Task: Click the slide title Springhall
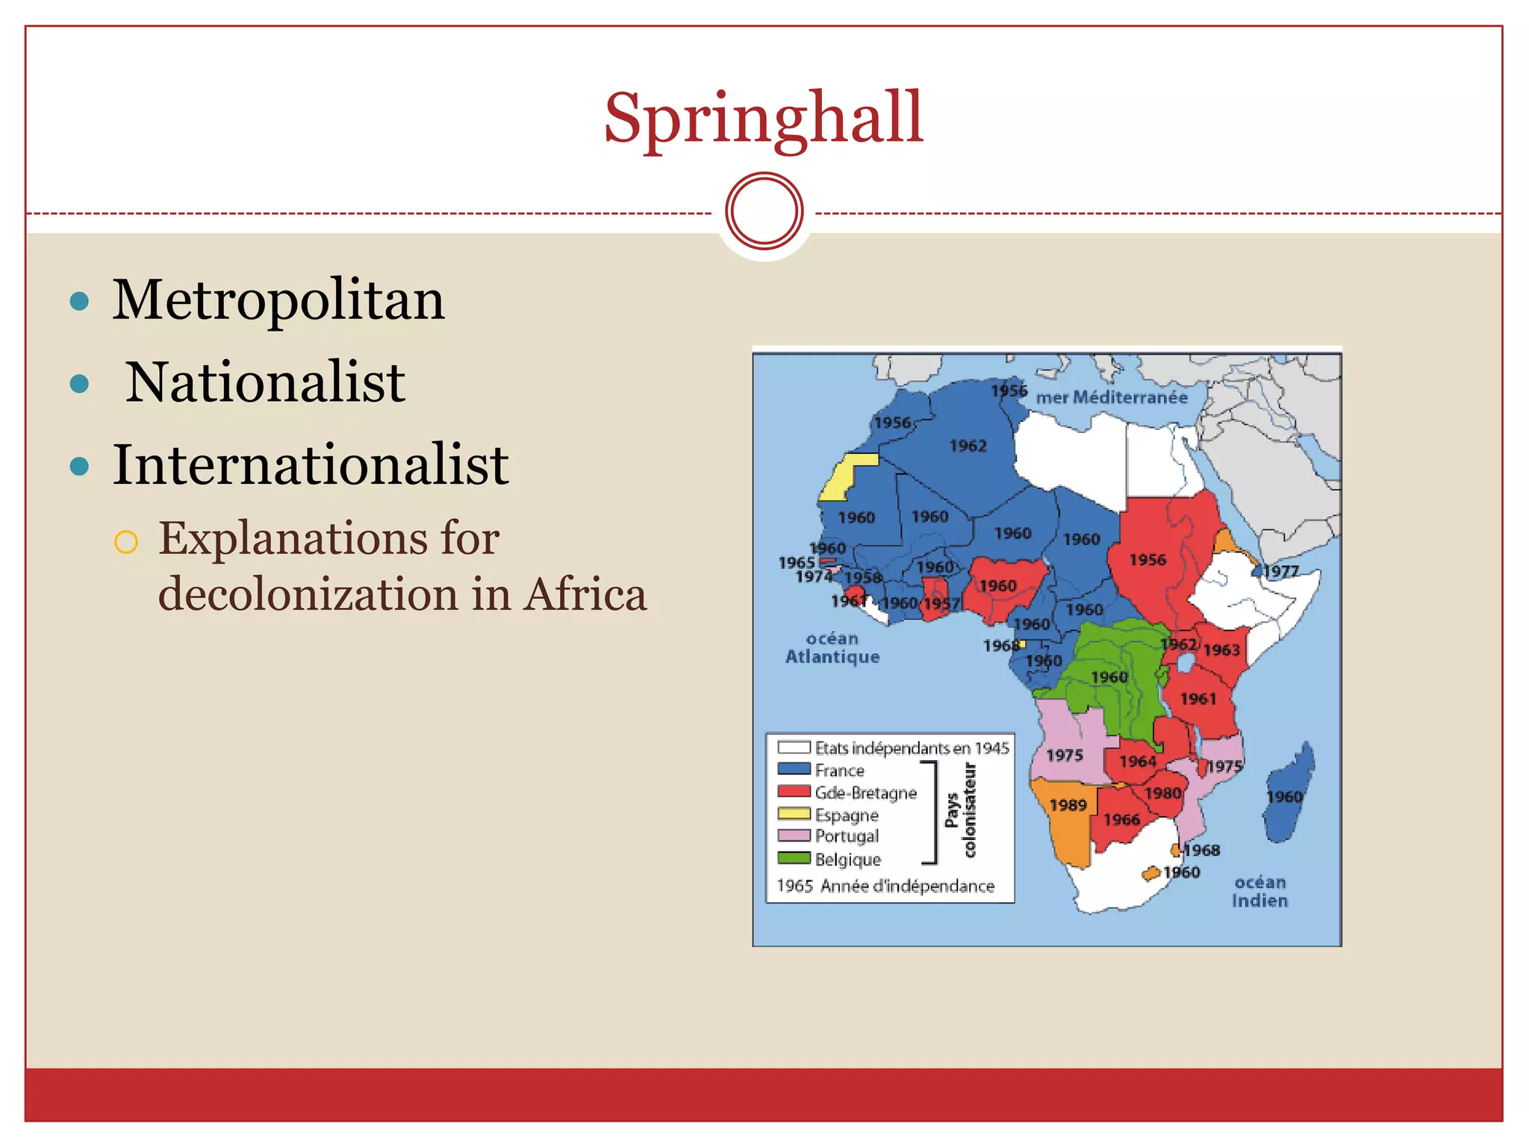tap(763, 119)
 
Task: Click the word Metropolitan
tap(278, 300)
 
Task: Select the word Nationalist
tap(265, 382)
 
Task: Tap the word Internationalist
tap(311, 465)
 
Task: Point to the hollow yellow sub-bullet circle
tap(126, 541)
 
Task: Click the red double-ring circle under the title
tap(764, 211)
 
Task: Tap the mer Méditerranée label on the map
tap(1111, 398)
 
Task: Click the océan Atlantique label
tap(832, 648)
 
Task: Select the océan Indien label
tap(1259, 892)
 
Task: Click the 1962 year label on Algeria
tap(968, 447)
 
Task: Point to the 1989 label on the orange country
tap(1068, 805)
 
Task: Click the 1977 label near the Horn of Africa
tap(1281, 571)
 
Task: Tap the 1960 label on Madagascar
tap(1284, 797)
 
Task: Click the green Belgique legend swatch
tap(794, 858)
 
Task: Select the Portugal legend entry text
tap(847, 836)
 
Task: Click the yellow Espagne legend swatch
tap(794, 814)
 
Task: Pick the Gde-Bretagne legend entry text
tap(865, 793)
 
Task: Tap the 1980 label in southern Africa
tap(1162, 793)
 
